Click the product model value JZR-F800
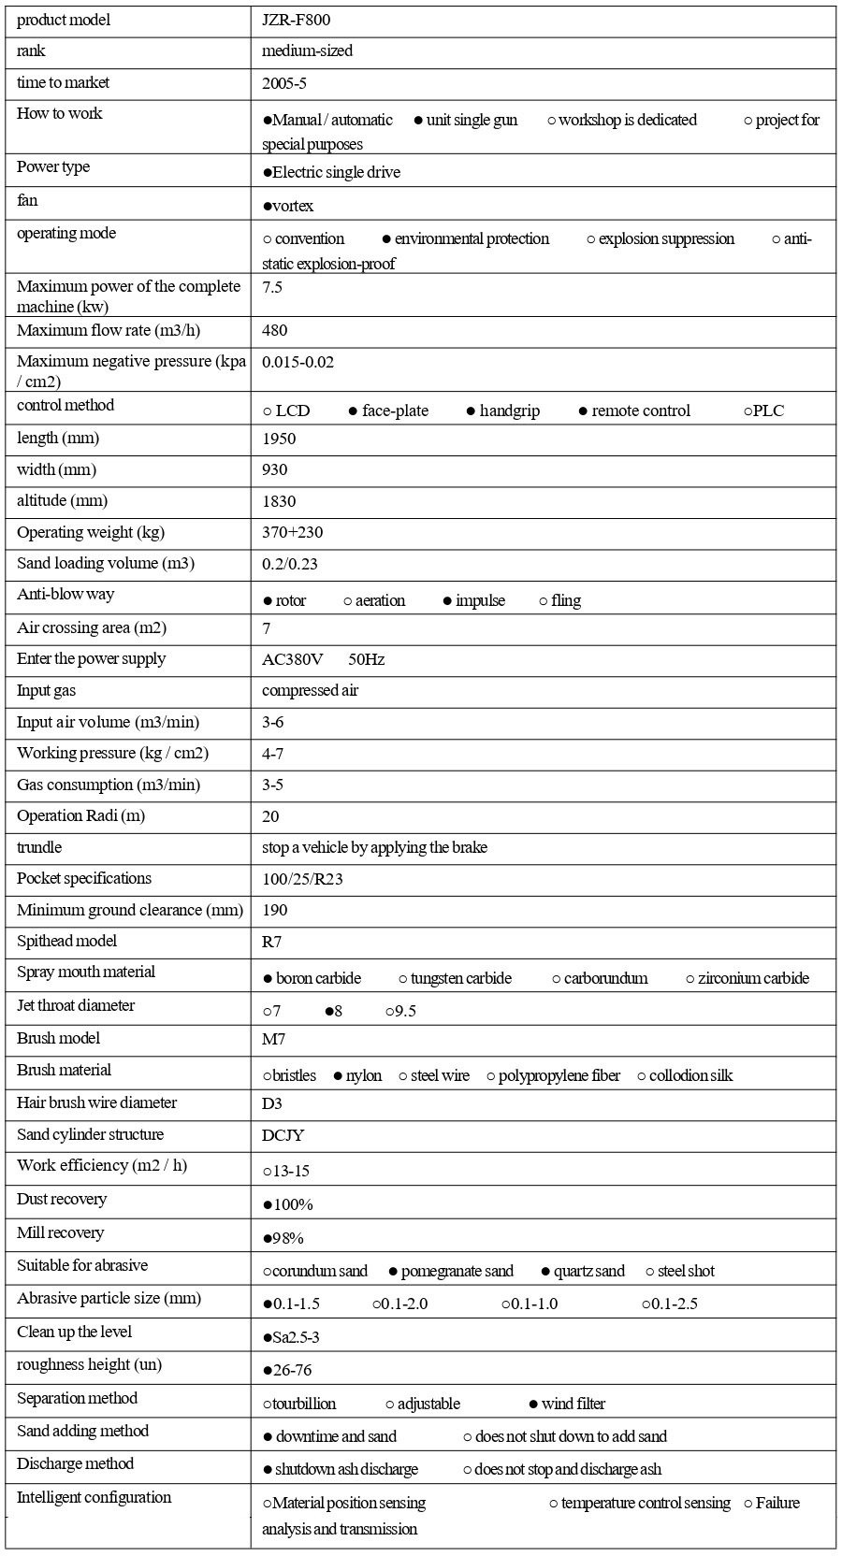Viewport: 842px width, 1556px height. [x=296, y=21]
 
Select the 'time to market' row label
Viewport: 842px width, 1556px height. [x=63, y=83]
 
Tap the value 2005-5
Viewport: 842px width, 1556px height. [x=284, y=83]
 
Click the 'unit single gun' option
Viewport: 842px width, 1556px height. [x=471, y=120]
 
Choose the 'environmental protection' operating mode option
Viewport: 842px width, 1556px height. [x=471, y=239]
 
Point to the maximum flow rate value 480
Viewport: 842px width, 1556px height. [x=275, y=330]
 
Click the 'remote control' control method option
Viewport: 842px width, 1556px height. [x=640, y=411]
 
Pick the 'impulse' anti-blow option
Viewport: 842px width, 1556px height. [x=479, y=600]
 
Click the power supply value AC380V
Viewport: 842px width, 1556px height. [x=293, y=659]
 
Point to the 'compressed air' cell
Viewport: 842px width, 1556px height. [x=310, y=690]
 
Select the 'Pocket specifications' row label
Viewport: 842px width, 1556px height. [x=84, y=878]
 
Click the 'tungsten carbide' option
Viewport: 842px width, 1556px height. [x=460, y=978]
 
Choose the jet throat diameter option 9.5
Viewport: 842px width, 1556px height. [x=405, y=1012]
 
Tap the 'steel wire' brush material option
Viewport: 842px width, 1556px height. [x=439, y=1075]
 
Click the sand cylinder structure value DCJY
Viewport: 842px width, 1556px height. [x=283, y=1135]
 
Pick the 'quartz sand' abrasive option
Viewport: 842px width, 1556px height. [x=588, y=1271]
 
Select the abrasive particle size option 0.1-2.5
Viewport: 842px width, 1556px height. [x=674, y=1304]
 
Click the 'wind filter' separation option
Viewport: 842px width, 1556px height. [x=572, y=1404]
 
